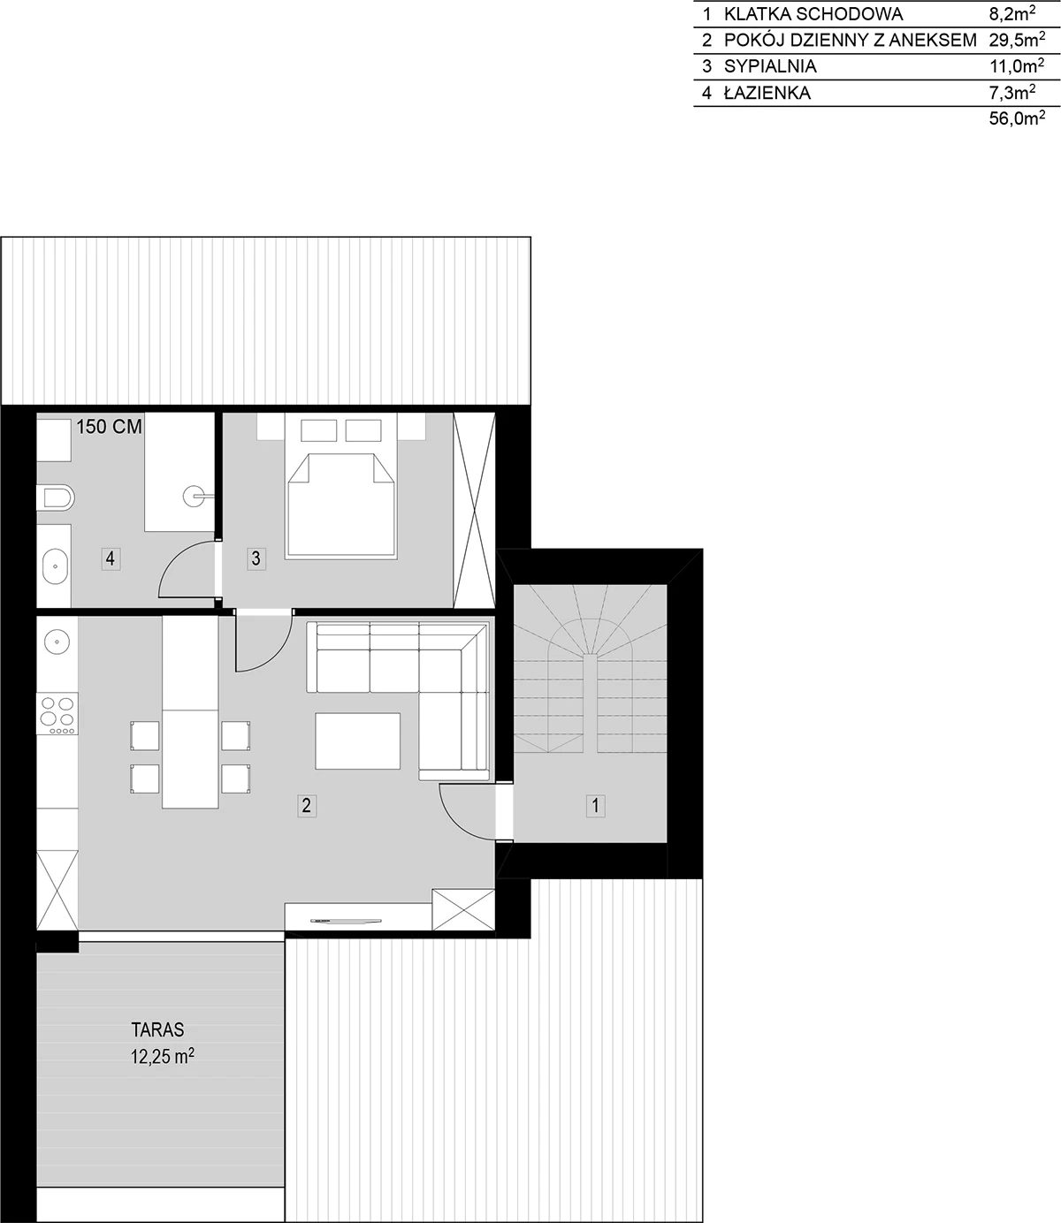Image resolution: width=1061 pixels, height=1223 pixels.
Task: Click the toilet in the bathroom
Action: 55,498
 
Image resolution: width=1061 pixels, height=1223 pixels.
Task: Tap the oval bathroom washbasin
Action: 55,566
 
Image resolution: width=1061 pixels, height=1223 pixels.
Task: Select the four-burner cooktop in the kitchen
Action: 57,714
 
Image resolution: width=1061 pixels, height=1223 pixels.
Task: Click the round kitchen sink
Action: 57,642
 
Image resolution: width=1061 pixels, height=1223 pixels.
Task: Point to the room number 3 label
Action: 256,558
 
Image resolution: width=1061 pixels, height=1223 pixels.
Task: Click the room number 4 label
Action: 111,558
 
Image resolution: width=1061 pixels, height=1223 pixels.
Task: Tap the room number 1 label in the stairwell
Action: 596,805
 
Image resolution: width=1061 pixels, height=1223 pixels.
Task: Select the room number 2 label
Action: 306,805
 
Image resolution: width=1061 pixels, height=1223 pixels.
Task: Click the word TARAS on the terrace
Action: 157,1029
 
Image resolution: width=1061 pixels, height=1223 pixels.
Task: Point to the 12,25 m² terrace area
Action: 162,1056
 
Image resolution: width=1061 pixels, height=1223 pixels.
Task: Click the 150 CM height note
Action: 109,427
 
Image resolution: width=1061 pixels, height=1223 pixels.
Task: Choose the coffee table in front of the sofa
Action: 357,741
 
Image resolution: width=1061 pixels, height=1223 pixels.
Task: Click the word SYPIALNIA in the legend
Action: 770,66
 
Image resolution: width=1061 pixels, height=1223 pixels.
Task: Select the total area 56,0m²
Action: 1017,118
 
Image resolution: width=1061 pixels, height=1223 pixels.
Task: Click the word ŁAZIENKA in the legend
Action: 767,92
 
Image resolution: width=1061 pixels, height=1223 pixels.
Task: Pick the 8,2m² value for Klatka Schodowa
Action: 1011,13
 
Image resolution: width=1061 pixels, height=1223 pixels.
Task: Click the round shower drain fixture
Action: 194,497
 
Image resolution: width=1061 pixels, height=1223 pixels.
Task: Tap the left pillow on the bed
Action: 318,430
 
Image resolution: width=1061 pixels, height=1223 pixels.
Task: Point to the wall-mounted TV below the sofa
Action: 346,921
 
